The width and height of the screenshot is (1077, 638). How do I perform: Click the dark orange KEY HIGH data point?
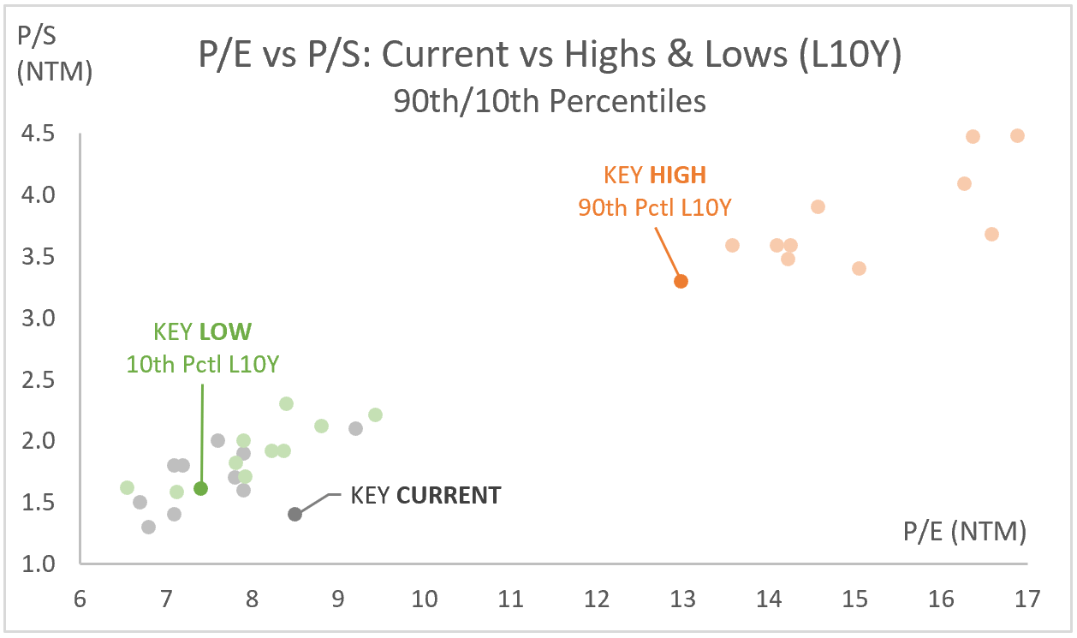click(681, 281)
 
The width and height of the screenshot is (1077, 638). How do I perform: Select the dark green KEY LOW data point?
click(201, 488)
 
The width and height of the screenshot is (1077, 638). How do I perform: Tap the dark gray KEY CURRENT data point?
click(295, 514)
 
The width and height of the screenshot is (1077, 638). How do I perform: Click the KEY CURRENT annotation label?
click(425, 496)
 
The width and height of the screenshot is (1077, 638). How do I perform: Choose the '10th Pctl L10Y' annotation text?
click(203, 364)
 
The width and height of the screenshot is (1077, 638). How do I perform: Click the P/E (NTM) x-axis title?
click(964, 533)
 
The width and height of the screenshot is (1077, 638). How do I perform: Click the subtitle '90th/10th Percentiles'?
click(550, 101)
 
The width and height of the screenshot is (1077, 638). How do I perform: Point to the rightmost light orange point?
click(1017, 135)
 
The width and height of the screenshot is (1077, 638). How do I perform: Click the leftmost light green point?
click(127, 487)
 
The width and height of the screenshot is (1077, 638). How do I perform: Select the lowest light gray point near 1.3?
click(148, 527)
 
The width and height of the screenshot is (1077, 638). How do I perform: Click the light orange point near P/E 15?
click(859, 268)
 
